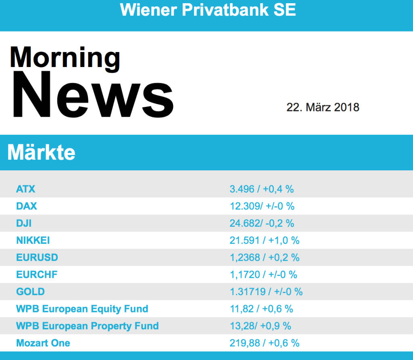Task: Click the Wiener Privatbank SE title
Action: (208, 10)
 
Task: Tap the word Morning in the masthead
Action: (65, 58)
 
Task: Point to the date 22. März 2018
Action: (323, 107)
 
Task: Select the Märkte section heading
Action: (41, 153)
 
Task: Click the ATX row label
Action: (26, 189)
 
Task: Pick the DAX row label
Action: (27, 206)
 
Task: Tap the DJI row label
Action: (24, 223)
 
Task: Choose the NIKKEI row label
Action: (33, 241)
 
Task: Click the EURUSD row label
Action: (37, 257)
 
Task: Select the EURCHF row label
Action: (37, 275)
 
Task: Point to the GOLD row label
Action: (30, 292)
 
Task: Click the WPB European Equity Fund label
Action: (82, 309)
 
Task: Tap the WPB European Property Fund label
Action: (88, 326)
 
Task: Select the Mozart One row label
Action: (43, 343)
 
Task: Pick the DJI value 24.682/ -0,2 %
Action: (262, 223)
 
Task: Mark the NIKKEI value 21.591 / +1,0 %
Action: (265, 241)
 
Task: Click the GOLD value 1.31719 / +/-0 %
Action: (266, 292)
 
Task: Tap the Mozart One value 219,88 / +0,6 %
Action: (265, 343)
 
